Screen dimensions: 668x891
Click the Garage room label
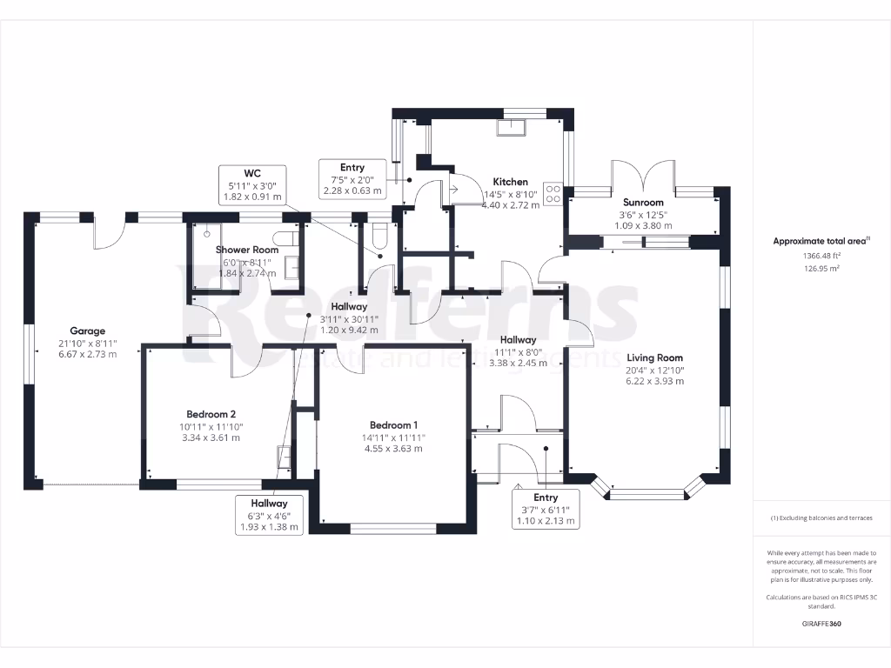point(88,331)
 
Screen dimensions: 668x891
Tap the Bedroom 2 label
point(211,414)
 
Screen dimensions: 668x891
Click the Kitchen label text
point(511,182)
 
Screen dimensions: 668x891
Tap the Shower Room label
point(247,250)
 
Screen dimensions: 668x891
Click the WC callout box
point(252,184)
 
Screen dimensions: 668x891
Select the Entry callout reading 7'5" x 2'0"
point(352,179)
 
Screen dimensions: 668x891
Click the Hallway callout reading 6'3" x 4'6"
point(270,515)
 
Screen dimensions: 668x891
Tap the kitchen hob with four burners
point(553,193)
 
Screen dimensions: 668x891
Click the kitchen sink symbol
point(509,127)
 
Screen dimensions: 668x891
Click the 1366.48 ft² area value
point(821,256)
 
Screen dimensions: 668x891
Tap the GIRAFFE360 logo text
point(821,624)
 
